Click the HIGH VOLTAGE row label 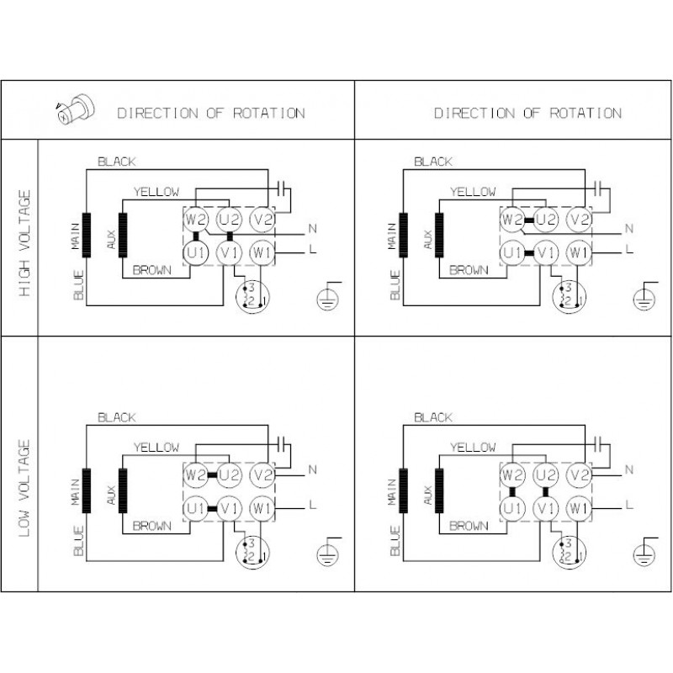click(x=25, y=244)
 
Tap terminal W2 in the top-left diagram click(x=196, y=220)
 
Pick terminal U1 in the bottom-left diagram click(x=196, y=507)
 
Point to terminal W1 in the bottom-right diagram click(x=576, y=507)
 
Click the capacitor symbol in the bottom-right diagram click(x=598, y=442)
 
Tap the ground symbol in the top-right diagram click(x=644, y=296)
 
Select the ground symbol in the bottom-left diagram click(x=327, y=552)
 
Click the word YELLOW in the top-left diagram click(x=156, y=192)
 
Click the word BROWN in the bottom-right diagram click(x=469, y=526)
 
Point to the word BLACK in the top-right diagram click(x=433, y=161)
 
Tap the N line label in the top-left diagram click(x=312, y=228)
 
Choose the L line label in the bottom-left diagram click(x=312, y=504)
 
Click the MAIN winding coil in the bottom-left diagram click(x=85, y=490)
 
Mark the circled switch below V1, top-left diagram click(x=249, y=295)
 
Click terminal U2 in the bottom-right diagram click(x=545, y=475)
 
